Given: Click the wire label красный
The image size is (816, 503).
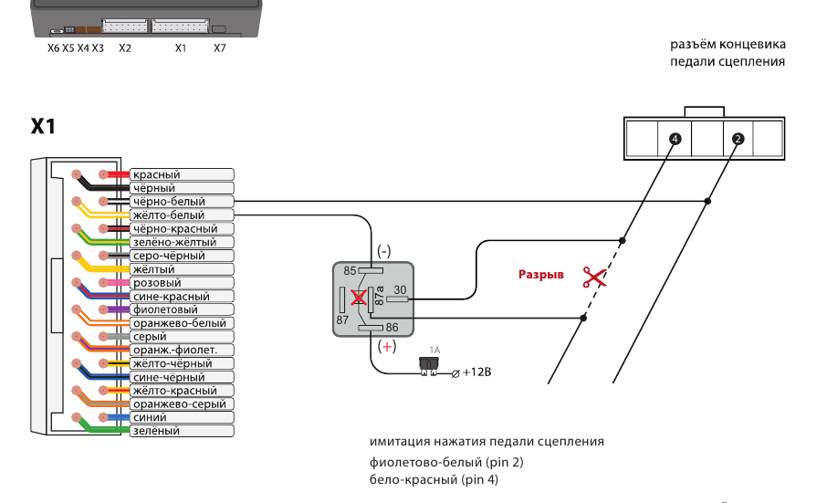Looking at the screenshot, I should [x=156, y=174].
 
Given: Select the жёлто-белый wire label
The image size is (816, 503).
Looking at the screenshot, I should [x=168, y=215].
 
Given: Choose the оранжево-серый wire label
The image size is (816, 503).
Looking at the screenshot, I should [x=179, y=403].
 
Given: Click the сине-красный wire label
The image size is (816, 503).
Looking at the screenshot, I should [x=171, y=296].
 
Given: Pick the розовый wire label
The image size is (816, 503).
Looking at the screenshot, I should [x=157, y=283].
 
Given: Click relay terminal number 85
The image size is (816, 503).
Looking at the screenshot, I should [x=350, y=270].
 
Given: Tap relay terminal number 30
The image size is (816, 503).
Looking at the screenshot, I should [x=399, y=290].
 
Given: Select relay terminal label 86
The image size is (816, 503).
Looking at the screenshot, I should [x=392, y=326].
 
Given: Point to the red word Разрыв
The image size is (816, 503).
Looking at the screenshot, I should [x=541, y=274].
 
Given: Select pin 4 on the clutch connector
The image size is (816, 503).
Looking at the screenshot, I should [x=675, y=139].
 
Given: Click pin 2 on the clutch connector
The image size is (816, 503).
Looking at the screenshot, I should [x=738, y=139].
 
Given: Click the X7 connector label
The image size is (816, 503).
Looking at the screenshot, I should [x=219, y=47].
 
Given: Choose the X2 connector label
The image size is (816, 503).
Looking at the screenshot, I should [x=125, y=47].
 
